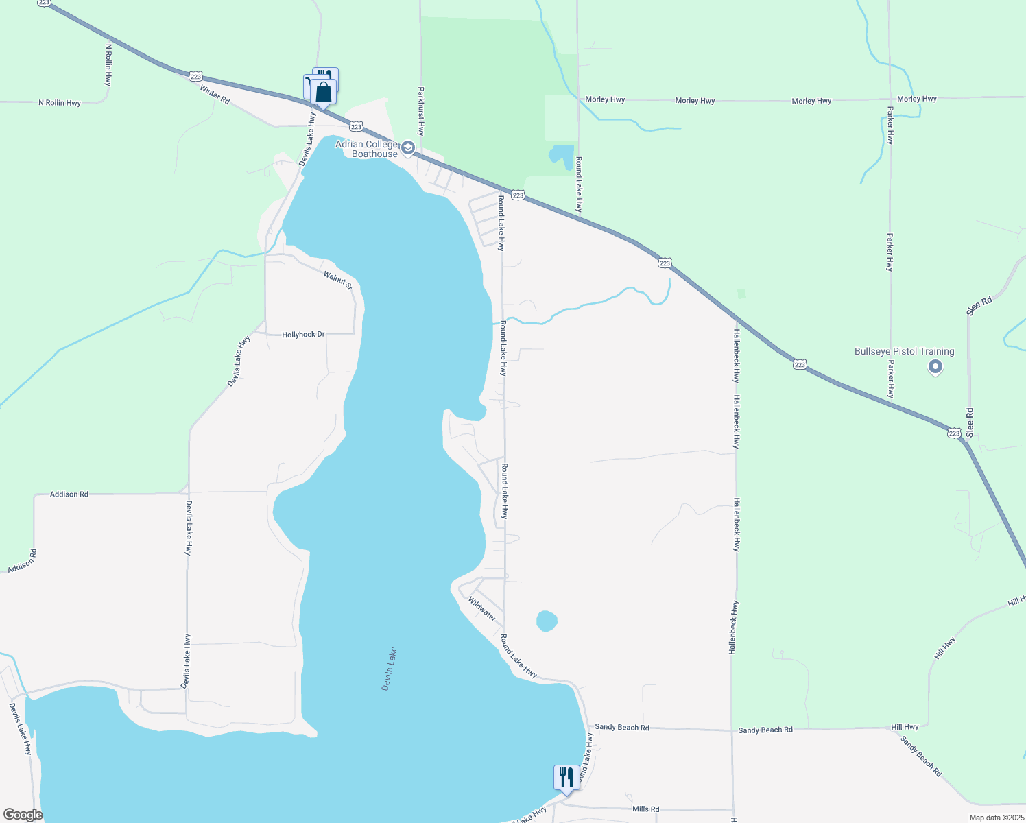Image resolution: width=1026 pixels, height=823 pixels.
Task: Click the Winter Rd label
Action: (215, 94)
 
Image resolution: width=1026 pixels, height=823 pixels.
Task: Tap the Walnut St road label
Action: (337, 280)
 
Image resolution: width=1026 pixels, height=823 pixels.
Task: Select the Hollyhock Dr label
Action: (303, 335)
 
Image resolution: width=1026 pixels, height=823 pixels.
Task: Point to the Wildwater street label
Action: (482, 609)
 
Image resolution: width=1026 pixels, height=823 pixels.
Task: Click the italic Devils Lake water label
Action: (390, 669)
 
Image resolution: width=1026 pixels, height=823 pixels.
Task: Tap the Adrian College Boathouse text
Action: (367, 149)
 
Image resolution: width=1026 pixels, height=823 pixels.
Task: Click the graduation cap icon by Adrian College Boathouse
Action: (408, 147)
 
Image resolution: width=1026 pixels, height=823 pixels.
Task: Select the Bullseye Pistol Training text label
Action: (904, 352)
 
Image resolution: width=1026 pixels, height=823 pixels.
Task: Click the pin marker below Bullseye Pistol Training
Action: (935, 368)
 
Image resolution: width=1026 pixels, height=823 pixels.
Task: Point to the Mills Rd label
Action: (645, 809)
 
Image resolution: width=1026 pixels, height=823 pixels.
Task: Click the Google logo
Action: (22, 815)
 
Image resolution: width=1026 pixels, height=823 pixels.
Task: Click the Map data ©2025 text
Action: (996, 818)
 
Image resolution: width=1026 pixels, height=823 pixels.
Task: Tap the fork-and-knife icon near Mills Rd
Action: (566, 778)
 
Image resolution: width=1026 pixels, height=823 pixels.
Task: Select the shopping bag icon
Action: (324, 92)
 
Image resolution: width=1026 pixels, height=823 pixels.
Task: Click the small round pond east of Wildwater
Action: (546, 621)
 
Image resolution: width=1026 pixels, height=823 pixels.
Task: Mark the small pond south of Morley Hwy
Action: (562, 155)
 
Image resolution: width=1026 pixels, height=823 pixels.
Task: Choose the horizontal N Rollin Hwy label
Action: (60, 103)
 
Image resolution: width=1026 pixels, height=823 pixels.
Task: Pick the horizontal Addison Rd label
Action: (69, 494)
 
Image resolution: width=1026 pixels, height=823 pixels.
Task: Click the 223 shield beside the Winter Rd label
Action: (195, 75)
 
